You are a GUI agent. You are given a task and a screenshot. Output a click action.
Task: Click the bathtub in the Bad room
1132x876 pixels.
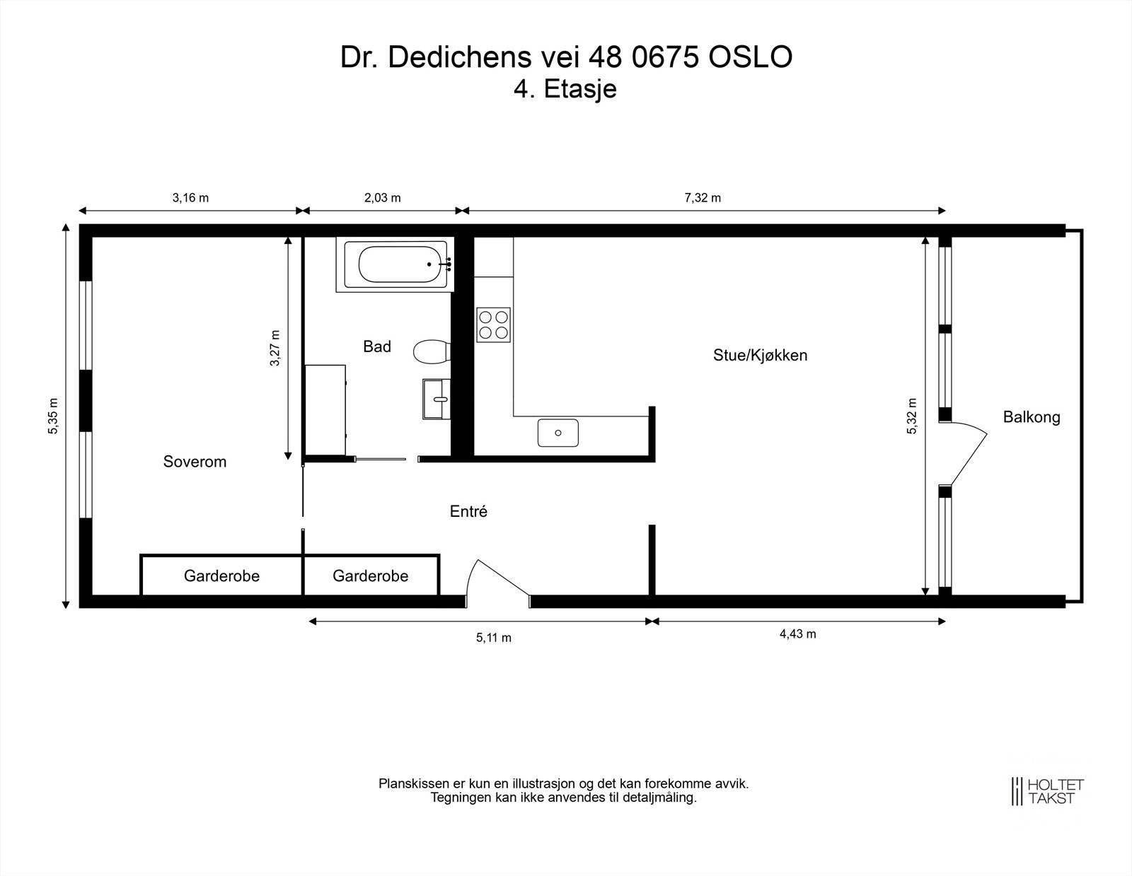click(x=396, y=264)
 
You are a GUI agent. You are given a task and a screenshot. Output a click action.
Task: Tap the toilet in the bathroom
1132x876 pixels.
click(x=432, y=351)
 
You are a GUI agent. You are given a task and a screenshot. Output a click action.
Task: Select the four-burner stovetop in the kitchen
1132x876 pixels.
click(x=494, y=325)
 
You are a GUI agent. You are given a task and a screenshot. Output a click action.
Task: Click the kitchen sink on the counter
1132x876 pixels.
click(x=558, y=433)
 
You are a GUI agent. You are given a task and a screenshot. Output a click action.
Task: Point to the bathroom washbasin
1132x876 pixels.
click(x=437, y=399)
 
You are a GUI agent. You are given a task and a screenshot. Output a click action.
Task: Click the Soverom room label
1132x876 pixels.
click(x=195, y=462)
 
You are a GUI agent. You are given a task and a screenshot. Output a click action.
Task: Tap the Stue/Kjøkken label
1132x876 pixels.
click(x=760, y=355)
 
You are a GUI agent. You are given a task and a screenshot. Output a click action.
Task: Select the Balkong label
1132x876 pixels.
click(x=1032, y=417)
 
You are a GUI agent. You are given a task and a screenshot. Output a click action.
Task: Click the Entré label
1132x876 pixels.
click(x=468, y=511)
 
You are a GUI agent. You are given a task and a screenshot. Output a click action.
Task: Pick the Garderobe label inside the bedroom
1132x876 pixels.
click(x=221, y=576)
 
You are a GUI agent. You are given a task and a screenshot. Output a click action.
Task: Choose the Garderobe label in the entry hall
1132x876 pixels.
click(x=370, y=576)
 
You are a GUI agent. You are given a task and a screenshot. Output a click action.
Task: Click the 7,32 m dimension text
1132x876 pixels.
click(x=703, y=198)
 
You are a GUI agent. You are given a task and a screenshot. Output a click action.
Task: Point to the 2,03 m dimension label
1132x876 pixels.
click(x=382, y=198)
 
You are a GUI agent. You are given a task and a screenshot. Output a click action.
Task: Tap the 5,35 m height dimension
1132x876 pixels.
click(x=53, y=416)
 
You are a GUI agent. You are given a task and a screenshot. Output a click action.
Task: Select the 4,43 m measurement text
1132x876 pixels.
click(x=797, y=633)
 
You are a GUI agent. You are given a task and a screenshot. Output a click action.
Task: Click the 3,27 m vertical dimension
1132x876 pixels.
click(x=275, y=349)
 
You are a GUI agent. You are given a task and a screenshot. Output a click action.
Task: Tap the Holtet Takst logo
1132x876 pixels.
click(x=1047, y=791)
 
